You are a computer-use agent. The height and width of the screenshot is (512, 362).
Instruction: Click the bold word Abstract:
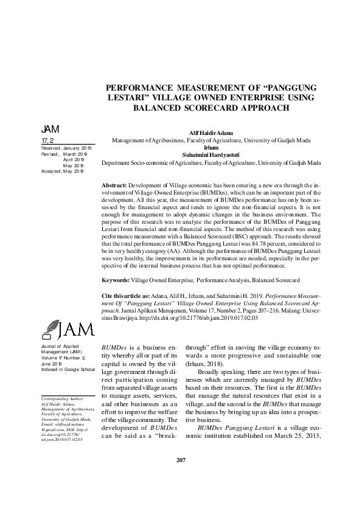pyautogui.click(x=114, y=185)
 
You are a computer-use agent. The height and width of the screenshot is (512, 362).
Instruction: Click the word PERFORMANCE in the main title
pyautogui.click(x=142, y=88)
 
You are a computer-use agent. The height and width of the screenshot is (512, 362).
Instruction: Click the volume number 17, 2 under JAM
pyautogui.click(x=48, y=140)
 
